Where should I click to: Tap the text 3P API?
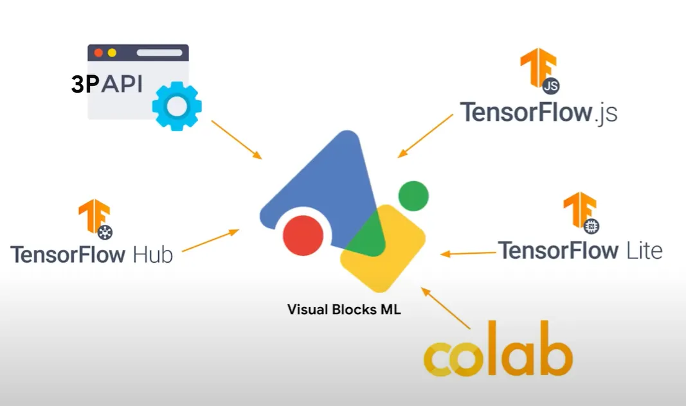click(107, 85)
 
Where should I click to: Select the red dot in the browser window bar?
click(98, 53)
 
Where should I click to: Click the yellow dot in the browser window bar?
click(112, 53)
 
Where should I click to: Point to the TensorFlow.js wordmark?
click(538, 112)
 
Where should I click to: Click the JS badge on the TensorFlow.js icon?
click(550, 85)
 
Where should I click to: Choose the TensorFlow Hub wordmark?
click(91, 254)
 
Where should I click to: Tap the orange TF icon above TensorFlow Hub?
click(93, 215)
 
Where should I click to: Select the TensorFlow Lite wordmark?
click(580, 250)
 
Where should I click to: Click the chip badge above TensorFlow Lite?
click(591, 225)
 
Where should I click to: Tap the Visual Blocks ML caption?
click(344, 310)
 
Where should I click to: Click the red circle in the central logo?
click(303, 235)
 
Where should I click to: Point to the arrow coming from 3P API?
click(236, 139)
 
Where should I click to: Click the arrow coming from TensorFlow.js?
click(426, 136)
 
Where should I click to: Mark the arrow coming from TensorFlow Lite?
click(469, 253)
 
